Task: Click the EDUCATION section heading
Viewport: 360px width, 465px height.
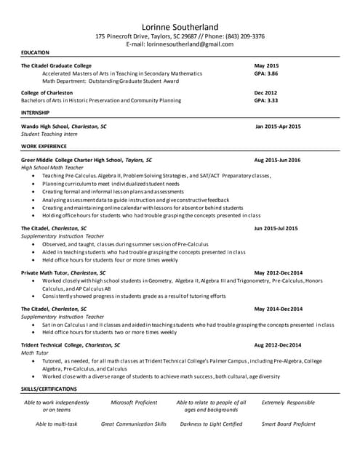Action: [35, 52]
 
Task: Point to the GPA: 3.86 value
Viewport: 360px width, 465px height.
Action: [266, 73]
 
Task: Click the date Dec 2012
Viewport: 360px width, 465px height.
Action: [265, 93]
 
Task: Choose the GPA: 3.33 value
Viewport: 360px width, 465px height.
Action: [266, 100]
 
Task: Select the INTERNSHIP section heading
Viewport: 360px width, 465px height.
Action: [36, 113]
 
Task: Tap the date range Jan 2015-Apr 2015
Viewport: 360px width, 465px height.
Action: [278, 126]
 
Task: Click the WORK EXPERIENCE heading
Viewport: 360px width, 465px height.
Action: [44, 146]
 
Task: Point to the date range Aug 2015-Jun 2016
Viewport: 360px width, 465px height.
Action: [277, 159]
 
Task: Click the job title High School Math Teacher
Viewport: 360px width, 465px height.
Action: [52, 167]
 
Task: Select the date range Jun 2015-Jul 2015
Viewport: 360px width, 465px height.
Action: [276, 228]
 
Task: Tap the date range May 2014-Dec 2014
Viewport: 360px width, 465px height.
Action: [278, 309]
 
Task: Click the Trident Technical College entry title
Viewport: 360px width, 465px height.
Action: [71, 344]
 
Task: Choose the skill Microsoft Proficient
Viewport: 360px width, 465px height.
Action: [134, 402]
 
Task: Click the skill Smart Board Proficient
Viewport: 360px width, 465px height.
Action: [289, 424]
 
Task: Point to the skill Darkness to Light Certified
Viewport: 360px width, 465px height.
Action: [211, 424]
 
